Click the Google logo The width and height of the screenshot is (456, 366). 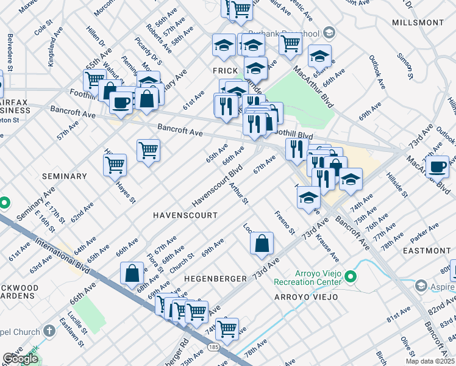[20, 359]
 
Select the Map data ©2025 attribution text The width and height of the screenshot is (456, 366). [429, 361]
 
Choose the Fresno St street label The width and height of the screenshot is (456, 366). [285, 223]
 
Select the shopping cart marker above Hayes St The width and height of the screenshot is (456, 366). [115, 164]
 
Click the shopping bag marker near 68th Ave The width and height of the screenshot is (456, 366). [132, 273]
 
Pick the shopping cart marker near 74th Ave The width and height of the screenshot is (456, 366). [227, 328]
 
